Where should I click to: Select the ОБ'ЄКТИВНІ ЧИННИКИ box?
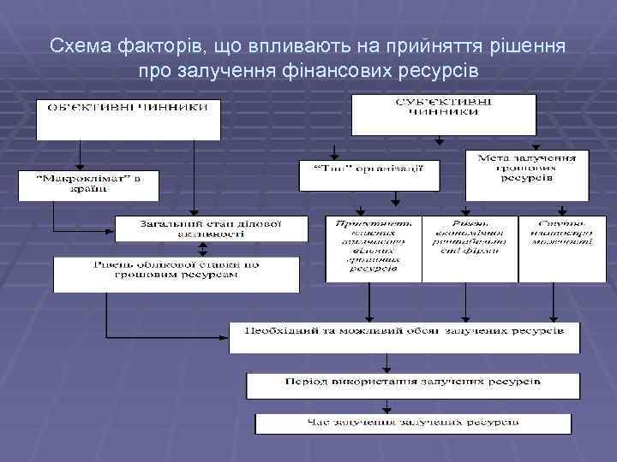[128, 119]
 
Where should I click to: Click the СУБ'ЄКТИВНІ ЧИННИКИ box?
[443, 115]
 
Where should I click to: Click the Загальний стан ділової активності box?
[211, 228]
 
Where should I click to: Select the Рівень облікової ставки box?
[177, 275]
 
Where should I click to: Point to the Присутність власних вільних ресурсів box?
[373, 248]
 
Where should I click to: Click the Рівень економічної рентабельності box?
[470, 248]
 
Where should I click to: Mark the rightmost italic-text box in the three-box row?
[561, 248]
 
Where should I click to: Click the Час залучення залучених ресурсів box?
[413, 423]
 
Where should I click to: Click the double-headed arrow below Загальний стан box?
[203, 248]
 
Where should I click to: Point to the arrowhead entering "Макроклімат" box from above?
[80, 167]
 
